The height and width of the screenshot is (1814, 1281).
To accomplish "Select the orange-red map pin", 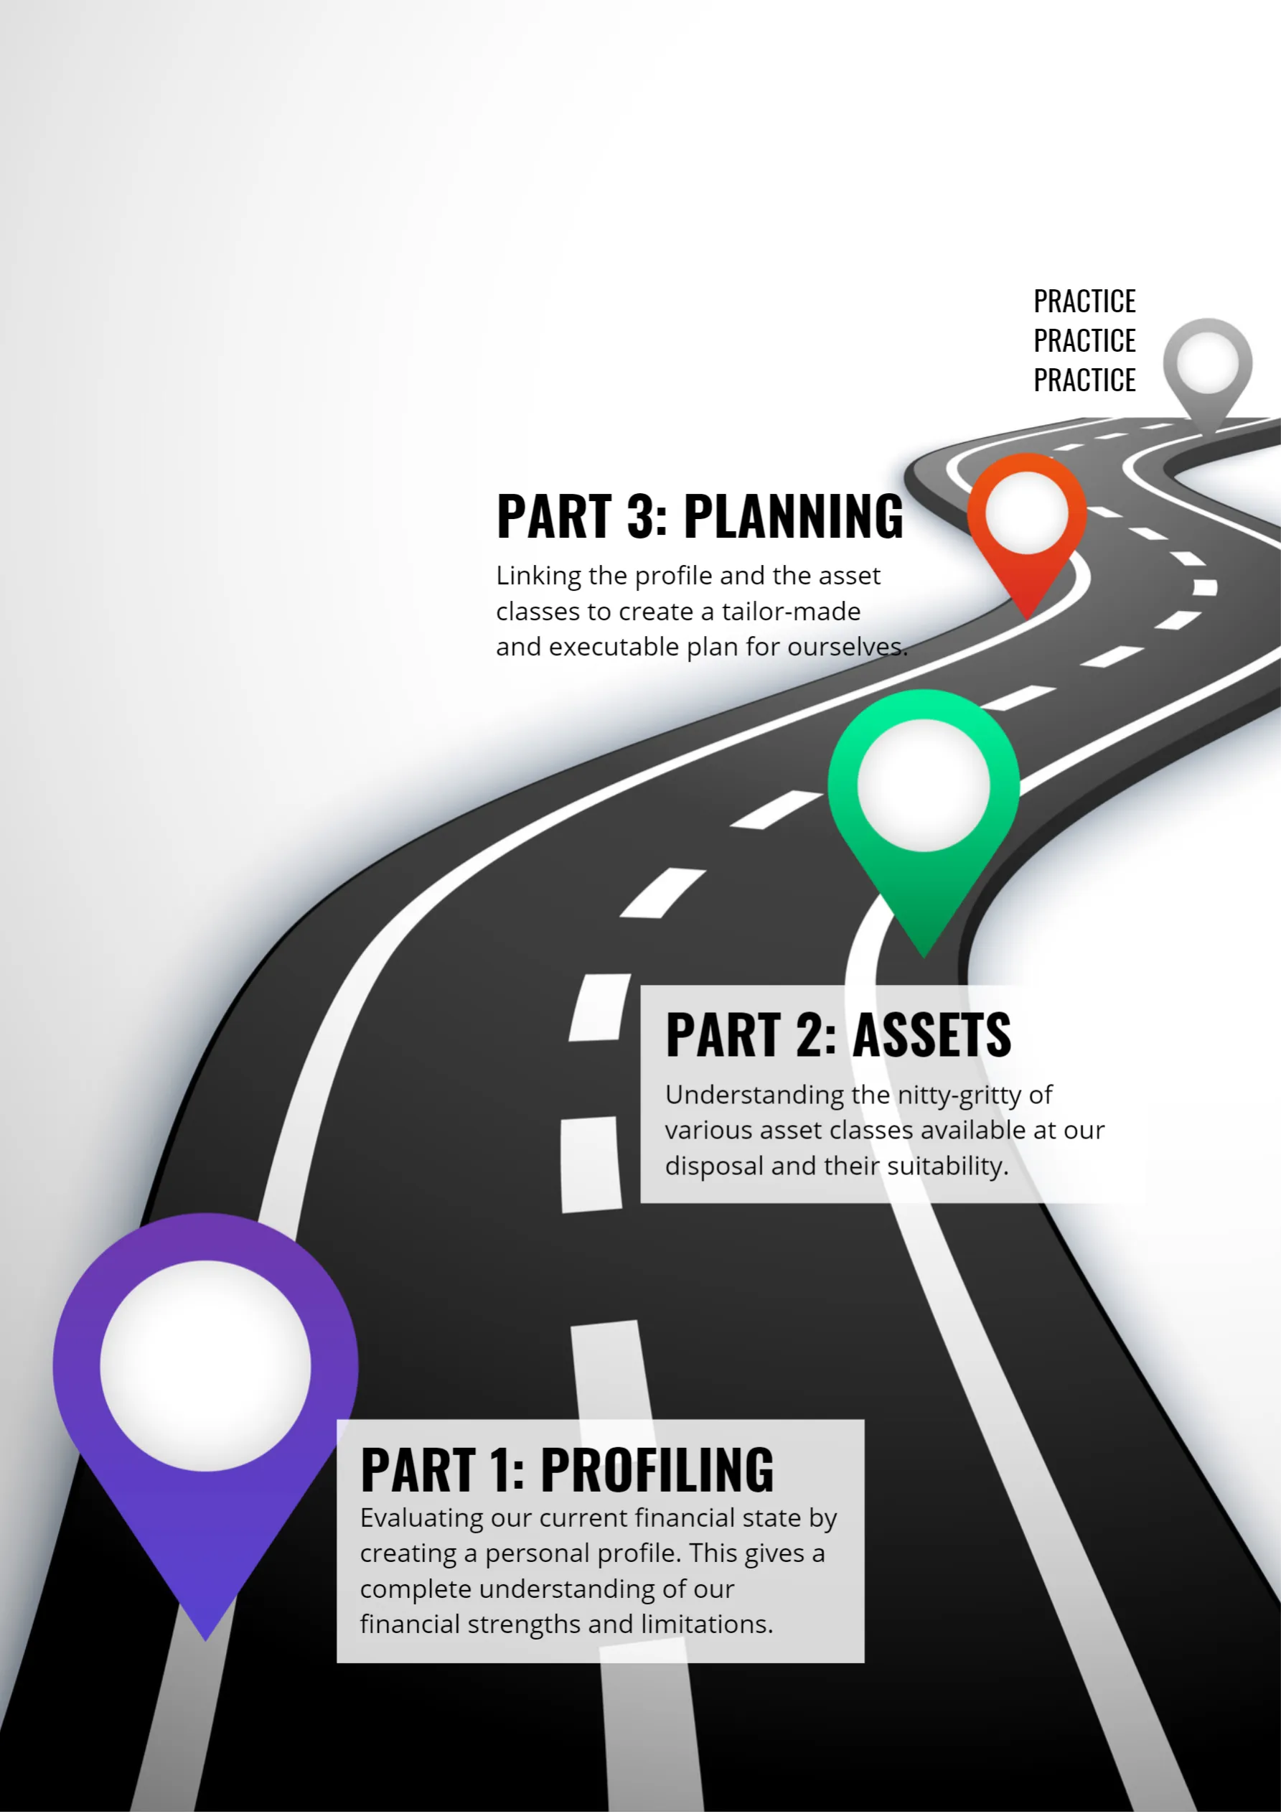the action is click(x=1027, y=581).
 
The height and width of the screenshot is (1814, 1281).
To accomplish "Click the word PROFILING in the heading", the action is click(x=657, y=1470).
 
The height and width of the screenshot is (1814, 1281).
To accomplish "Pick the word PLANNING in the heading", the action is click(x=793, y=517).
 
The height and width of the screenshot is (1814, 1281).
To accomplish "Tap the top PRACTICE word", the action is click(x=1084, y=301).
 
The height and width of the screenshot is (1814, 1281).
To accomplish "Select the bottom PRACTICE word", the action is click(x=1084, y=380).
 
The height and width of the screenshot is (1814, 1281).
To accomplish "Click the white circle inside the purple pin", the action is click(x=205, y=1365).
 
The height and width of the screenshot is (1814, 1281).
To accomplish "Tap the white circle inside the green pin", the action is click(x=923, y=785).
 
